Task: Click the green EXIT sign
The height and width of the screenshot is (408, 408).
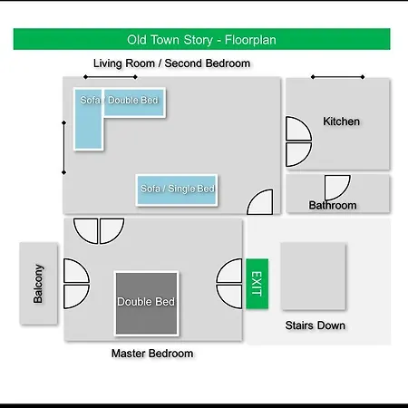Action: tap(257, 284)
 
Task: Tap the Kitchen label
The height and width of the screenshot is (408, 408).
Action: tap(341, 121)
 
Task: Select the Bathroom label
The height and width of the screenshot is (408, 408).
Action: tap(333, 206)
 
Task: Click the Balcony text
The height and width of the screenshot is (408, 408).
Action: tap(38, 284)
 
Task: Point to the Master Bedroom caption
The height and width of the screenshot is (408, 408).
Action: tap(152, 354)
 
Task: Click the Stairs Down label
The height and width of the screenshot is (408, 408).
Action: tap(316, 325)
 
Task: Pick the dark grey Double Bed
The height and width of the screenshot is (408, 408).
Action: tap(147, 304)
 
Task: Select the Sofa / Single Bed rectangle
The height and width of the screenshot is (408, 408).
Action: tap(177, 190)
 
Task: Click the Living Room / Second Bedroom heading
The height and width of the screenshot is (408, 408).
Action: tap(171, 63)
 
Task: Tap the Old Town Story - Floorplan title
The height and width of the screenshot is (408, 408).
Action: tap(201, 40)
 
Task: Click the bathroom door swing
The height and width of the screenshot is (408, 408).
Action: tap(337, 188)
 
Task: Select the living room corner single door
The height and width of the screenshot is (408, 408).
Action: tap(260, 202)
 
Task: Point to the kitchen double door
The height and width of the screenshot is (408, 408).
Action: tap(298, 141)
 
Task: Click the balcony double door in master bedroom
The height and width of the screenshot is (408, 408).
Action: tap(76, 284)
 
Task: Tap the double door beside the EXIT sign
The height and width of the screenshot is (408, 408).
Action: tap(229, 284)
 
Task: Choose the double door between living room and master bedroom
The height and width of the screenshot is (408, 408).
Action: tap(99, 231)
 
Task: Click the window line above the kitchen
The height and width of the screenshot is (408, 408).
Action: tap(337, 77)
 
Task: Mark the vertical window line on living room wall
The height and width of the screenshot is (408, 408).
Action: tap(63, 148)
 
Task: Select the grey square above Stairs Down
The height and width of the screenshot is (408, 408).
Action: tap(314, 277)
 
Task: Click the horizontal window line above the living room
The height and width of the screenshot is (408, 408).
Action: tap(111, 77)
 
